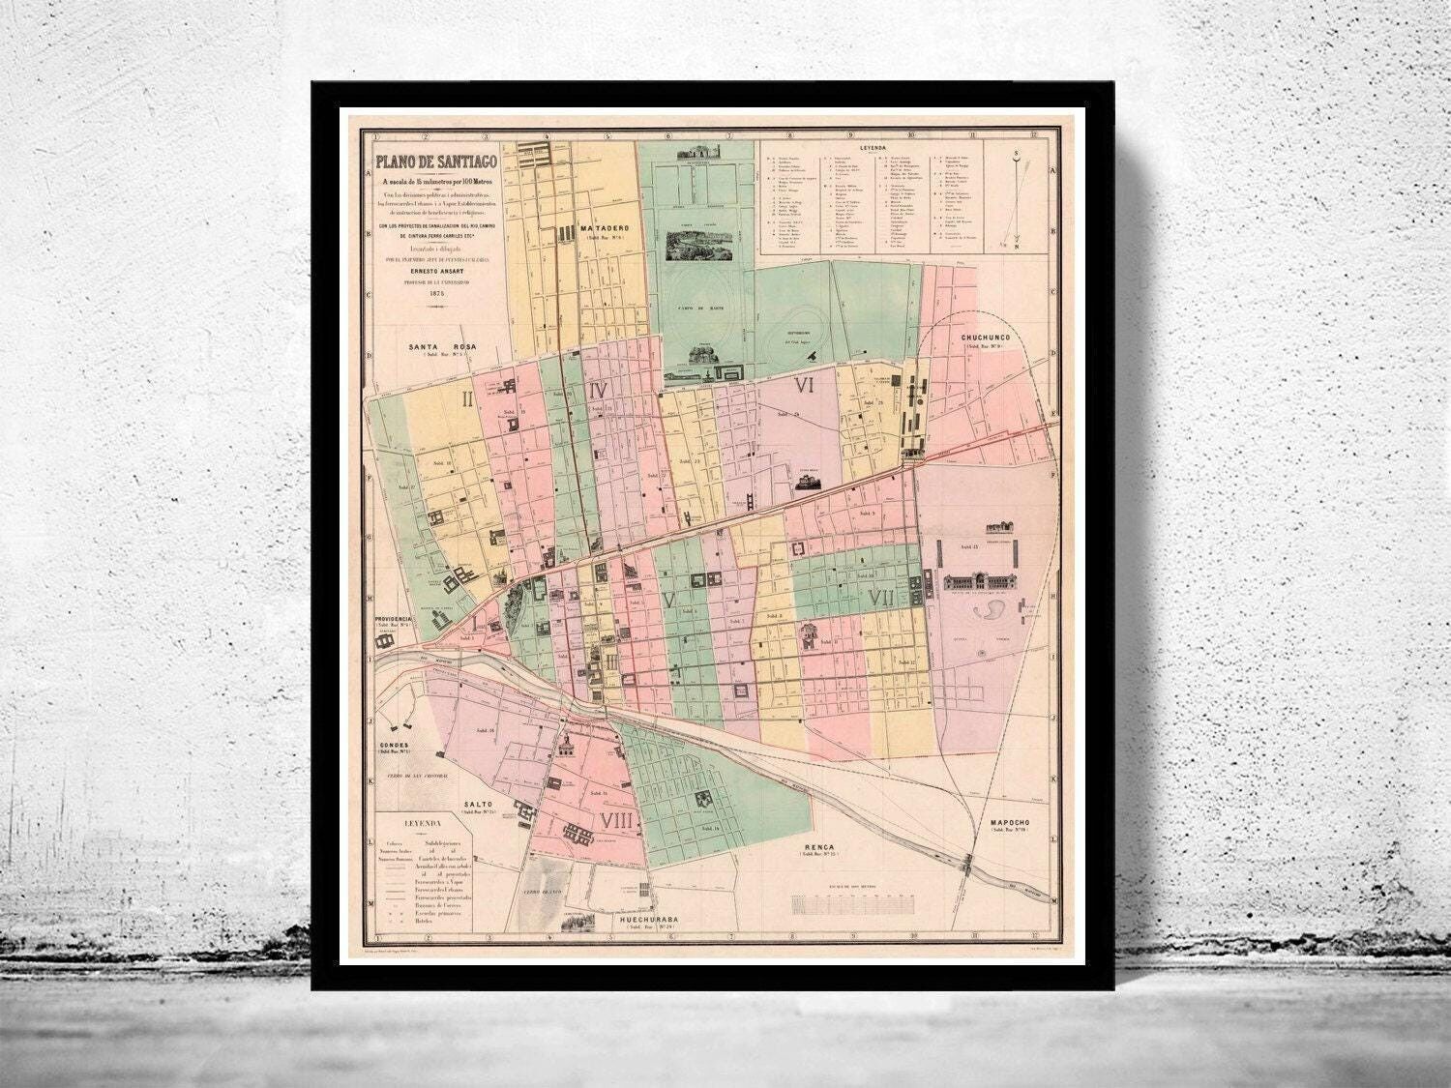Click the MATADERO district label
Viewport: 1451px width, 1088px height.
[x=607, y=229]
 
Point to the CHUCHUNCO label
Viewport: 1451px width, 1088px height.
[x=986, y=338]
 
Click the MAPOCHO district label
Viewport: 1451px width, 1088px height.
[x=1014, y=823]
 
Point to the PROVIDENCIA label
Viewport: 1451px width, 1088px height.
[x=396, y=619]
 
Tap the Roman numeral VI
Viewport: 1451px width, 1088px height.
[x=804, y=385]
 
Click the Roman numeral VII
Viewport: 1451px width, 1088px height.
[x=881, y=598]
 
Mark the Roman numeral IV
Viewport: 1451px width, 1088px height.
[x=597, y=390]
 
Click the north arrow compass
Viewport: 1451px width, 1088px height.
[x=1015, y=198]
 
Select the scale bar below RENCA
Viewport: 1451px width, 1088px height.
[x=852, y=904]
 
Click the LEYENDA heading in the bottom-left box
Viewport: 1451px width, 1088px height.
[x=421, y=822]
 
